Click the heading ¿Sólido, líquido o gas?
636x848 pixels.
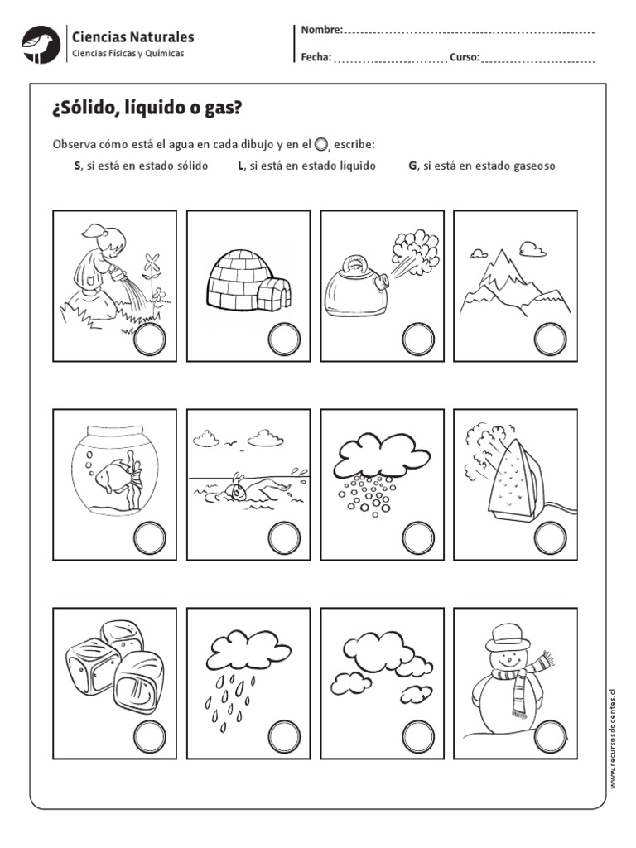[x=148, y=109]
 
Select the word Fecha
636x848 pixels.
[x=316, y=57]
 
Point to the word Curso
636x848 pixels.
[x=464, y=57]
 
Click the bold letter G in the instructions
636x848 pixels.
[x=412, y=166]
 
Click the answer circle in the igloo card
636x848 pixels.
[x=284, y=340]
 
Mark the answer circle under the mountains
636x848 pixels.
[x=550, y=340]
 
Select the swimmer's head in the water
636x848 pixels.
[x=239, y=491]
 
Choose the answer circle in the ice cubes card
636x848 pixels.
[x=150, y=736]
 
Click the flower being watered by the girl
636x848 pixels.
[x=151, y=267]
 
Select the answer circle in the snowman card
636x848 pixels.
[x=550, y=736]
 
